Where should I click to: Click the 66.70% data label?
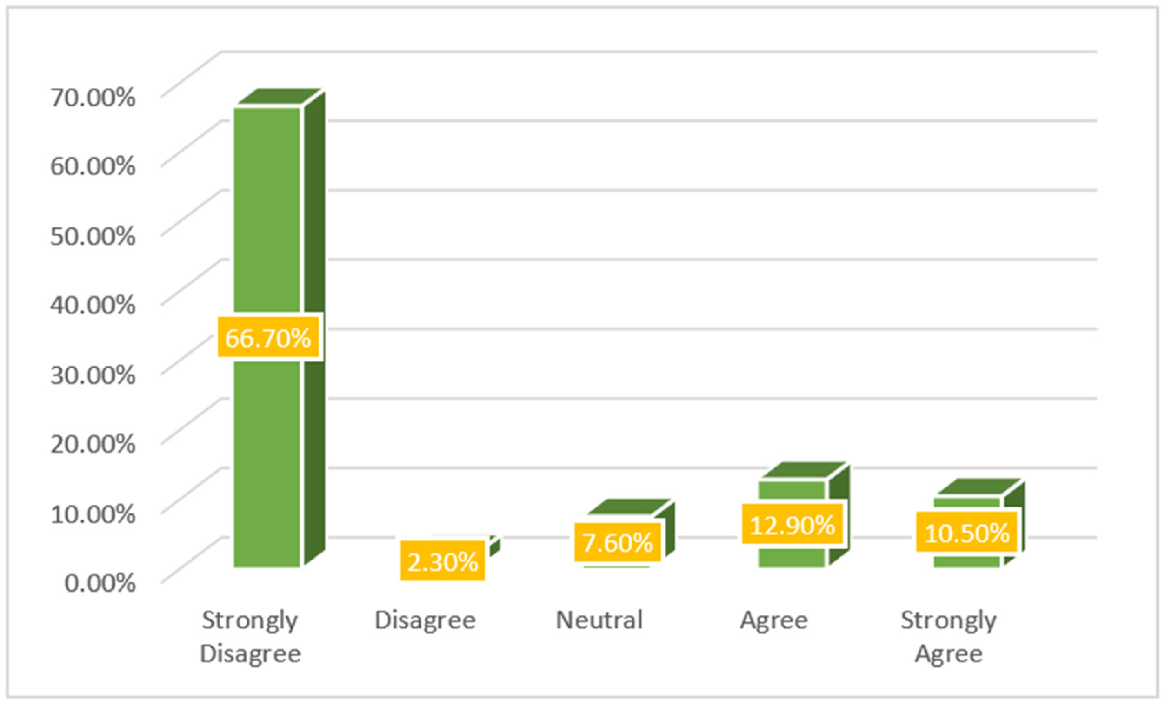coord(268,338)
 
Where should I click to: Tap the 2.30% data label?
coord(442,562)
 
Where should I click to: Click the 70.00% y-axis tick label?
coord(93,98)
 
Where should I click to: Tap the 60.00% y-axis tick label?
coord(93,167)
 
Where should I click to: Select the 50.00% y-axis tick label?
coord(93,236)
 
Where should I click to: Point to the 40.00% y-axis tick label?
coord(93,305)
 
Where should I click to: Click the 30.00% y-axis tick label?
coord(93,375)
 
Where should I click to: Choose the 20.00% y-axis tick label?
coord(93,443)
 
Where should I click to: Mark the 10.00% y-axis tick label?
coord(93,513)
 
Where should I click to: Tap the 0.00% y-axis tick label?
coord(100,583)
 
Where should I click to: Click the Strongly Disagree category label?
coord(250,637)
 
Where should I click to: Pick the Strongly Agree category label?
coord(949,637)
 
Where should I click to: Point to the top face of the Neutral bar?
coord(629,507)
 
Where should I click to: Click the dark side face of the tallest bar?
coord(314,330)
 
